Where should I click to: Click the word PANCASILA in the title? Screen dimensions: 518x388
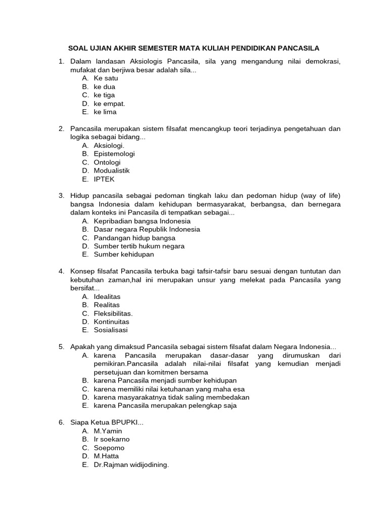click(x=297, y=49)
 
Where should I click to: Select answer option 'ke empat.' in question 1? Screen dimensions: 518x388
click(x=109, y=104)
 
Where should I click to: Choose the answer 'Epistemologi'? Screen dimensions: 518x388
click(x=114, y=154)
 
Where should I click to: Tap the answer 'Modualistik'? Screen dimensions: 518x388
click(x=112, y=170)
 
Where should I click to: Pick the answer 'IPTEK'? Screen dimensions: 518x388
click(x=104, y=179)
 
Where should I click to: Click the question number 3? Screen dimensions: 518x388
click(x=61, y=196)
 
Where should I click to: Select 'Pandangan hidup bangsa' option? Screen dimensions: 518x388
click(x=134, y=238)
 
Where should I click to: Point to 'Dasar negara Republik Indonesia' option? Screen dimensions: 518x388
click(x=147, y=229)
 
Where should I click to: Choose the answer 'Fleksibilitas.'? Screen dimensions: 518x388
click(x=113, y=313)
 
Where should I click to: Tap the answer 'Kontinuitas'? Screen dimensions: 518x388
click(x=111, y=322)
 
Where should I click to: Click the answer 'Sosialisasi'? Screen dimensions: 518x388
click(x=111, y=330)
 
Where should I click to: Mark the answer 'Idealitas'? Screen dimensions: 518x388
click(x=107, y=296)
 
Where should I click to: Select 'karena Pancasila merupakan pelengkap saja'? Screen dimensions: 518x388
click(x=165, y=406)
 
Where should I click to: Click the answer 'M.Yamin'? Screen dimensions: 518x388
click(x=108, y=431)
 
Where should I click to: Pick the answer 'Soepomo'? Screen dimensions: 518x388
click(x=109, y=448)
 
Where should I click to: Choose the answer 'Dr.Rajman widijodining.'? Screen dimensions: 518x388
click(x=131, y=464)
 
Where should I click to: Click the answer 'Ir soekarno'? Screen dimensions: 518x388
click(x=112, y=439)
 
